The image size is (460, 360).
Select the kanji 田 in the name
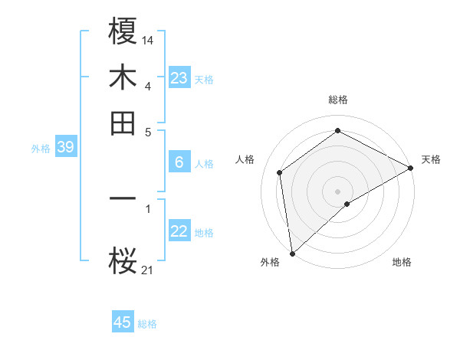point(123,123)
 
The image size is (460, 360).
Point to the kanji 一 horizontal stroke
point(123,199)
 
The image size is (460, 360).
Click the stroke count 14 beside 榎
point(148,38)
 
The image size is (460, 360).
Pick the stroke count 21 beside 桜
point(148,269)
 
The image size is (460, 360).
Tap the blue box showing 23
point(179,78)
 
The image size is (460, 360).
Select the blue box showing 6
point(179,162)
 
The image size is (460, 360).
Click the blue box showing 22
point(179,231)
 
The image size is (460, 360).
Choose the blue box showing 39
point(65,148)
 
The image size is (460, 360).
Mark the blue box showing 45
point(123,322)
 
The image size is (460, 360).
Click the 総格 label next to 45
point(148,324)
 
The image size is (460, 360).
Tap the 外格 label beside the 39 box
point(41,149)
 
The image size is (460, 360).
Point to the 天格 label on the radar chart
point(431,159)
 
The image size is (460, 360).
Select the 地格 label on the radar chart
point(402,262)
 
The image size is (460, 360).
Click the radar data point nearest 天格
point(410,169)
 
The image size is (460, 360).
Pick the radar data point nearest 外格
point(292,253)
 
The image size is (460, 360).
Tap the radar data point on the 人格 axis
point(280,172)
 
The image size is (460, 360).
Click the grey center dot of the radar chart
point(337,191)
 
